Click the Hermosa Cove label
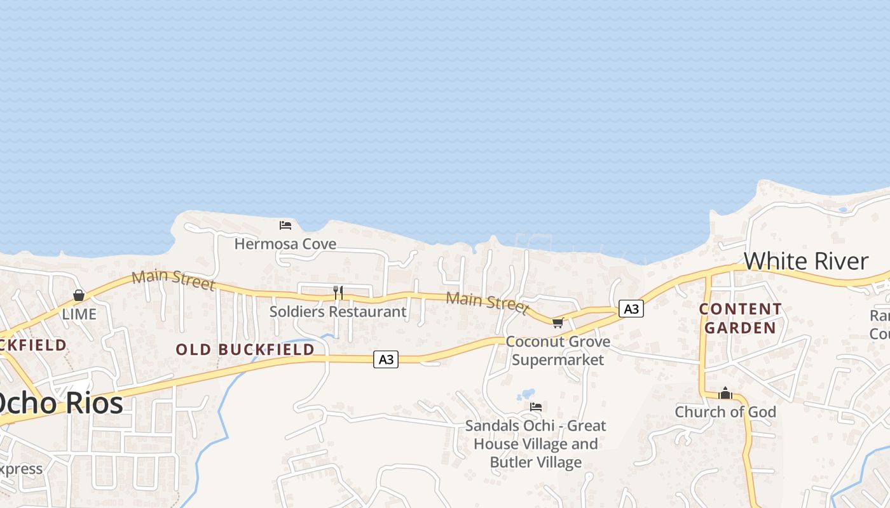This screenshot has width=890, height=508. pyautogui.click(x=285, y=244)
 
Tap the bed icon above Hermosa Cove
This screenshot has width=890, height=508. pyautogui.click(x=285, y=225)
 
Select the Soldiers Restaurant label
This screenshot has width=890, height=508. pyautogui.click(x=338, y=312)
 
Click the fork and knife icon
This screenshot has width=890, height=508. pyautogui.click(x=338, y=292)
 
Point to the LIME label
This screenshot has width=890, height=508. pyautogui.click(x=79, y=314)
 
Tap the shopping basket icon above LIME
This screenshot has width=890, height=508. pyautogui.click(x=79, y=295)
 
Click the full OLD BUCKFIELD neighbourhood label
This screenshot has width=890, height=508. pyautogui.click(x=245, y=349)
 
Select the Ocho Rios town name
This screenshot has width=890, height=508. pyautogui.click(x=61, y=403)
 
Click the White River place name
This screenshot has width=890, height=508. pyautogui.click(x=805, y=261)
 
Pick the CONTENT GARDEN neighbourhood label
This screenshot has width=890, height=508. pyautogui.click(x=741, y=319)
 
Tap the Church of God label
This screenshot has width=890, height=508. pyautogui.click(x=725, y=412)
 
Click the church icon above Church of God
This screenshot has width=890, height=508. pyautogui.click(x=725, y=394)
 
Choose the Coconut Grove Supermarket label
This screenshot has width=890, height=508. pyautogui.click(x=558, y=351)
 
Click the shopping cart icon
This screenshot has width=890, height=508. pyautogui.click(x=558, y=323)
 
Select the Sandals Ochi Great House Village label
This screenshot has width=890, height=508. pyautogui.click(x=535, y=443)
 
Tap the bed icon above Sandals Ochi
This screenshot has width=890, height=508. pyautogui.click(x=536, y=406)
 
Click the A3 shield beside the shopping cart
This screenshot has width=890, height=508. pyautogui.click(x=631, y=309)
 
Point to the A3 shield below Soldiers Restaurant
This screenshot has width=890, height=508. pyautogui.click(x=386, y=359)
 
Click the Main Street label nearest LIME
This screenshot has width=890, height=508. pyautogui.click(x=173, y=280)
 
